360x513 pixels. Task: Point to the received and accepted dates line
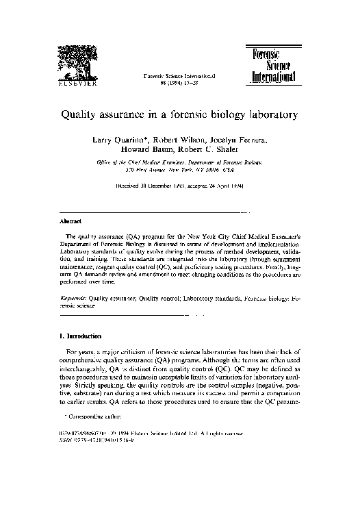pos(179,185)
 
